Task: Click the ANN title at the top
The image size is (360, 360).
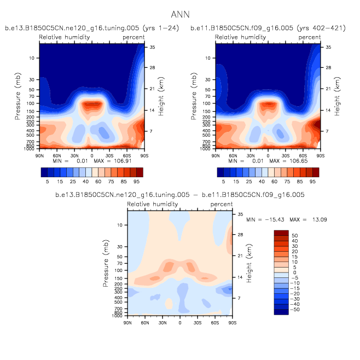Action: point(180,14)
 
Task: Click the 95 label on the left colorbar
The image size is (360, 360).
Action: point(138,180)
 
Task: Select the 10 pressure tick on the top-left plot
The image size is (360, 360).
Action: point(32,57)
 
